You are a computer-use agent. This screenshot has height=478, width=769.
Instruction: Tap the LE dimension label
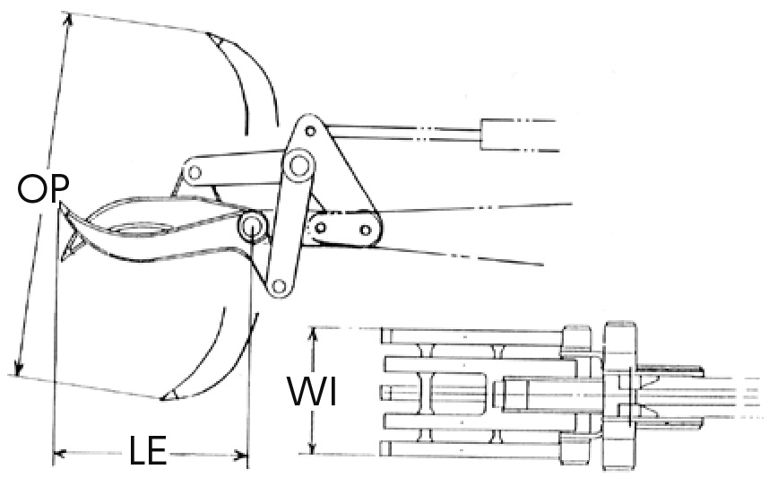click(148, 450)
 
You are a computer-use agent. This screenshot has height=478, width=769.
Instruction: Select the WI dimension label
click(313, 391)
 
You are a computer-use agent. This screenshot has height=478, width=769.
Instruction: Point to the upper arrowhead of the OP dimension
click(69, 20)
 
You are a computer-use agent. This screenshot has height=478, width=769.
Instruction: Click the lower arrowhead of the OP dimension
click(18, 368)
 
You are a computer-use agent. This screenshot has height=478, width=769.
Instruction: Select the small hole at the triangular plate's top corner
click(309, 131)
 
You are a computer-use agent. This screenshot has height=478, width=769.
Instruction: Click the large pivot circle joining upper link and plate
click(298, 165)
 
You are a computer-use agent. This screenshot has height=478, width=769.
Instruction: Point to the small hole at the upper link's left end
click(194, 173)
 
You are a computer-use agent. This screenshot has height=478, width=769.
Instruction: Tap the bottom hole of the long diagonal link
click(279, 285)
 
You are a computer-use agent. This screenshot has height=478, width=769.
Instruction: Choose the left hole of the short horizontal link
click(320, 228)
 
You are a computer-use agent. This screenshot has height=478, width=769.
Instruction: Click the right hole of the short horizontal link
click(365, 230)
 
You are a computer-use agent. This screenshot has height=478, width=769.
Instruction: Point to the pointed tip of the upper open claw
click(208, 34)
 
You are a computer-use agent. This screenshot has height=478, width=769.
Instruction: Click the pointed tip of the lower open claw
click(163, 398)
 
